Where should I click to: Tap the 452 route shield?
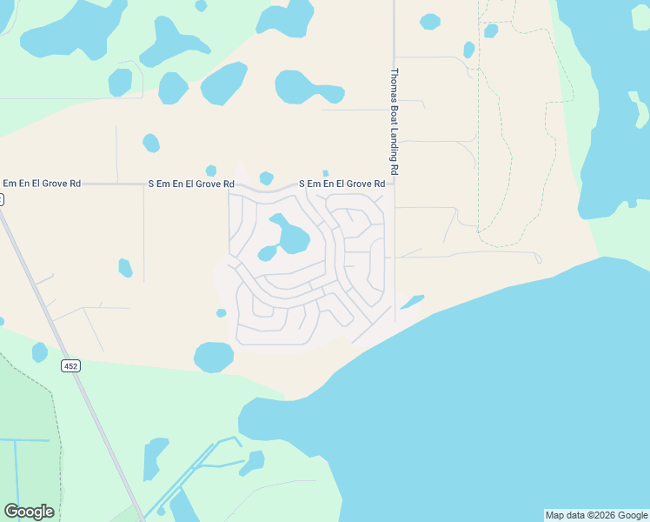coord(71,366)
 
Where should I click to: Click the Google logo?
coord(29,512)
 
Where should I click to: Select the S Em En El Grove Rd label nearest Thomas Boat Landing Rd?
coord(342,184)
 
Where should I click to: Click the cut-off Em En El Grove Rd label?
coord(41,184)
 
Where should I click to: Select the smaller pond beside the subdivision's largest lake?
coord(267,254)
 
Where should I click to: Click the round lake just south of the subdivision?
coord(213,357)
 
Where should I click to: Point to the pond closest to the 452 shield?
coord(39,352)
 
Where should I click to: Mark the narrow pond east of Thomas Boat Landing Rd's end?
coord(411,302)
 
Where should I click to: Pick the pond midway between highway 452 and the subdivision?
coord(126,267)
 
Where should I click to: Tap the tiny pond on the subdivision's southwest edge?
coord(222,313)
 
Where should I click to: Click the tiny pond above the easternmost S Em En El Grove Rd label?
coord(325,173)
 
